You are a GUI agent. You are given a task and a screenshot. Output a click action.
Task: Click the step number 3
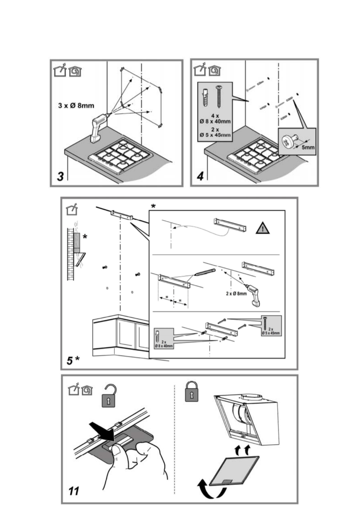click(60, 176)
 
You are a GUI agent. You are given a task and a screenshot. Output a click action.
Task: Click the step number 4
click(200, 176)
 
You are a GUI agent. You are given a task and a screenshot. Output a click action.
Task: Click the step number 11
click(74, 491)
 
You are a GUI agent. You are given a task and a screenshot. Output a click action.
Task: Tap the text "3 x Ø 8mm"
click(76, 106)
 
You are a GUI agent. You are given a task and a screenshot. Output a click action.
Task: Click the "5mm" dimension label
click(308, 148)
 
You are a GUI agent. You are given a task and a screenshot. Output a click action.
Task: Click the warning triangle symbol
click(263, 228)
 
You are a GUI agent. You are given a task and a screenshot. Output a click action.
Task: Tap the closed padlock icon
click(192, 391)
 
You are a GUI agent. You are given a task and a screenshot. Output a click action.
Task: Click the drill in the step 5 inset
click(253, 295)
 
